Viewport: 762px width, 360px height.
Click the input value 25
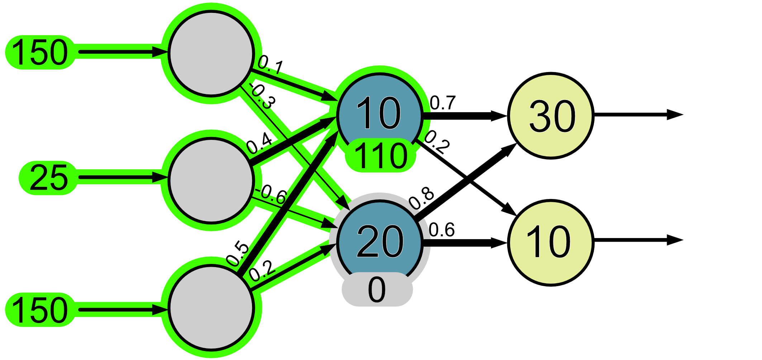[x=48, y=178]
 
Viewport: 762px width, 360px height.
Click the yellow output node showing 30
[x=551, y=116]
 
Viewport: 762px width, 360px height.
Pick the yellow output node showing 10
[x=551, y=242]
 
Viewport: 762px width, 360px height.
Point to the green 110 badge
[x=380, y=156]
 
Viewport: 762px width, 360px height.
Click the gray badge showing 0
[x=377, y=289]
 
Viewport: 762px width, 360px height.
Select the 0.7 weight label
[x=443, y=103]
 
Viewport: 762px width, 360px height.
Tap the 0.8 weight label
[x=422, y=198]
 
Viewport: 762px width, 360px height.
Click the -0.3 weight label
[x=263, y=96]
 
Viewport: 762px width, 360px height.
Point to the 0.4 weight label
[x=259, y=143]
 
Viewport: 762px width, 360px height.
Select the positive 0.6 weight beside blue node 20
[x=442, y=230]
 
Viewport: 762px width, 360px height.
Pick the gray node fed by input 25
[x=211, y=180]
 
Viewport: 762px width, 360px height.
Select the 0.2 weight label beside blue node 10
[x=437, y=142]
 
